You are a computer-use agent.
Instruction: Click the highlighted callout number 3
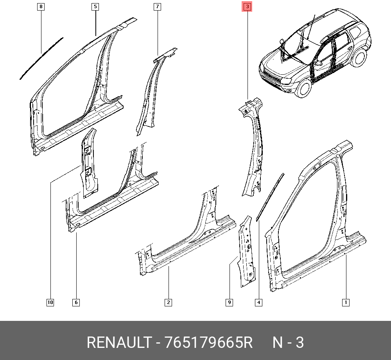click(247, 7)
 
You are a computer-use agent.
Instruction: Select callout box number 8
click(41, 7)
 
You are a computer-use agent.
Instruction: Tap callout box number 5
click(95, 7)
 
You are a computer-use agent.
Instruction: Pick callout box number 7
click(157, 7)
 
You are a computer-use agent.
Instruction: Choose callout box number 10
click(50, 302)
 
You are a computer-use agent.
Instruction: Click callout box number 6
click(76, 302)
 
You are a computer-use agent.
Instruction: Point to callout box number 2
click(168, 302)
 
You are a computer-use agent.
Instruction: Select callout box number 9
click(229, 302)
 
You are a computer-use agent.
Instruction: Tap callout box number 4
click(258, 302)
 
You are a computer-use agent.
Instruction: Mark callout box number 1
click(346, 302)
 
